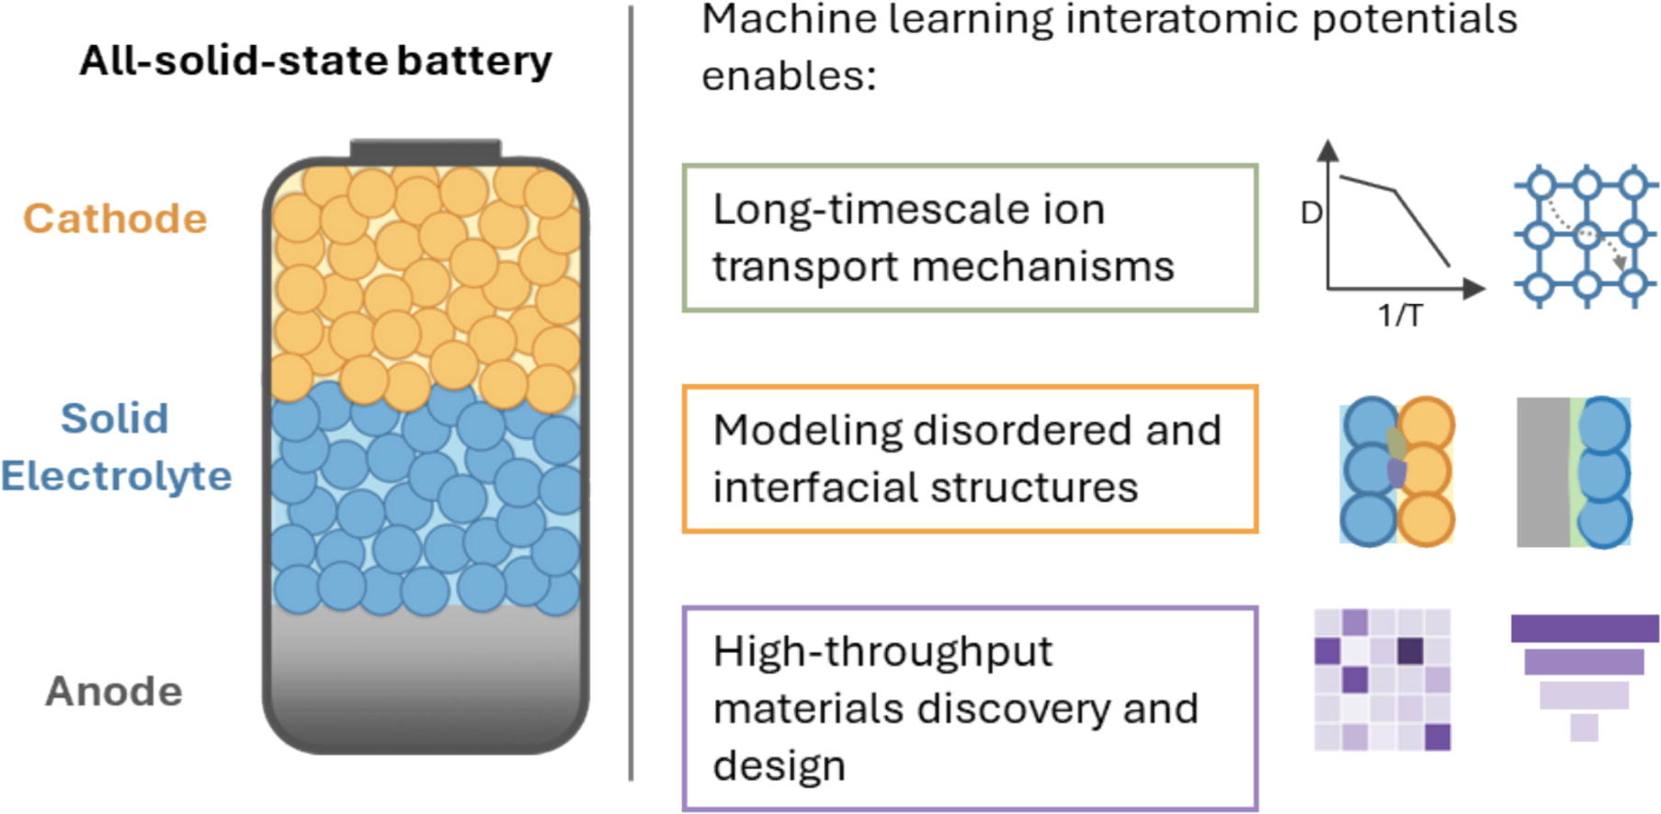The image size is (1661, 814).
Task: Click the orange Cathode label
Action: (115, 219)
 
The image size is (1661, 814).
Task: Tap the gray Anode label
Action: (114, 692)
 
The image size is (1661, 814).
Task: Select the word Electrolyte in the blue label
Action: (116, 476)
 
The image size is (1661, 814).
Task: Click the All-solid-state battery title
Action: (315, 61)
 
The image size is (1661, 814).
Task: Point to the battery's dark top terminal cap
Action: (426, 150)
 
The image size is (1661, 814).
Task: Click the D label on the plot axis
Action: (1311, 213)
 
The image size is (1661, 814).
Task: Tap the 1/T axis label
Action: (1399, 316)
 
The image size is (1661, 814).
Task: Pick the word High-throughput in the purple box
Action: (882, 651)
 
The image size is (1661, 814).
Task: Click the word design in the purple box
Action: (779, 765)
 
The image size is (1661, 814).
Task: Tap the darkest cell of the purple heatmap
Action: (1410, 651)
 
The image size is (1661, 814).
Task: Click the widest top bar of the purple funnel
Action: (1585, 628)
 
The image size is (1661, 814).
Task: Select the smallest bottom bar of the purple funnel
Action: (1584, 728)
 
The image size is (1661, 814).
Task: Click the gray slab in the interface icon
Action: (1542, 472)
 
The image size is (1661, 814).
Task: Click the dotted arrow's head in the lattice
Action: (1621, 264)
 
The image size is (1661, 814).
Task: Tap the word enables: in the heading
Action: (789, 75)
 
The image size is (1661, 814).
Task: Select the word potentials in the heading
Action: (1414, 18)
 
